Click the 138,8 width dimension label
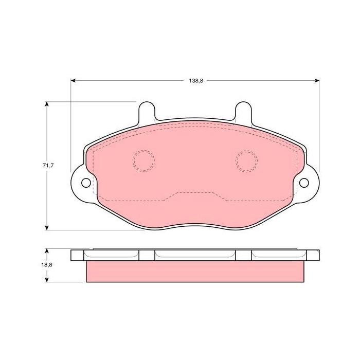[x=196, y=81]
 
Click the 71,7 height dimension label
[x=48, y=165]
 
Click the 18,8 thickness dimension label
[x=47, y=264]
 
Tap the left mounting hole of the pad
[x=86, y=183]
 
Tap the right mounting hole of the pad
[x=304, y=183]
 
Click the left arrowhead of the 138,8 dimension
[x=73, y=81]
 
